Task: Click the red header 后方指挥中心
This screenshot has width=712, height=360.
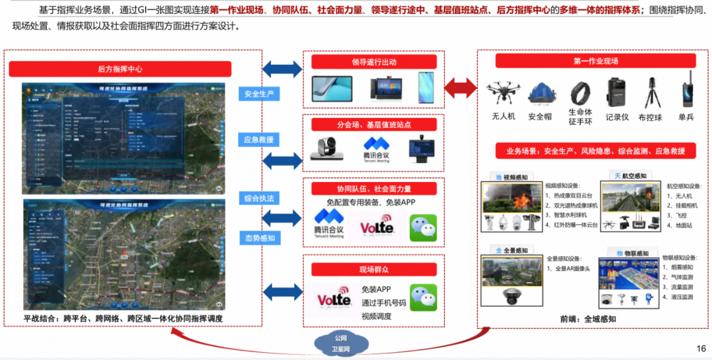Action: tap(120, 69)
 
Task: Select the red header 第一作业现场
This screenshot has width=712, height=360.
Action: tap(595, 61)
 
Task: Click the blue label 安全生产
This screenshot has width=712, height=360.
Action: tap(259, 94)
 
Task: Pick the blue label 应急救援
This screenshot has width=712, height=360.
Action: tap(259, 139)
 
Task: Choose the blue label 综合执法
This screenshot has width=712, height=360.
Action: tap(259, 198)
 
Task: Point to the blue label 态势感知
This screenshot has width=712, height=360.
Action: tap(259, 237)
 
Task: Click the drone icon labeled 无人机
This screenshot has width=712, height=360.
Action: tap(503, 94)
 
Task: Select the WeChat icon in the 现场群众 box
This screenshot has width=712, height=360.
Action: tap(423, 297)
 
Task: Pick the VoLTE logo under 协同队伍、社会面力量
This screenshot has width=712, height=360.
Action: tap(376, 228)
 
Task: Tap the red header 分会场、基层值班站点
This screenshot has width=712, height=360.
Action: tap(374, 125)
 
